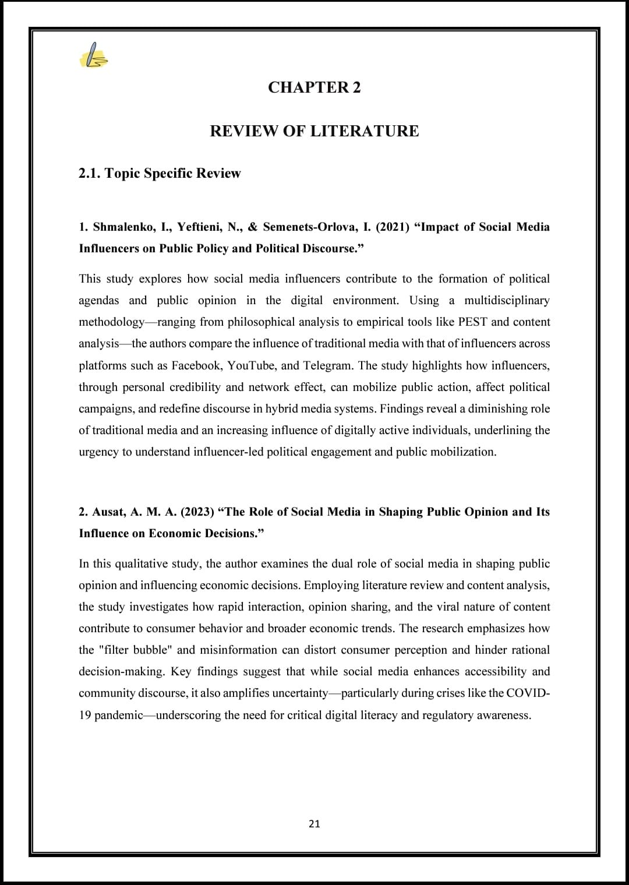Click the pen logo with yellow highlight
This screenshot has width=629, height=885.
coord(93,57)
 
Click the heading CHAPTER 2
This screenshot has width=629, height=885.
coord(314,87)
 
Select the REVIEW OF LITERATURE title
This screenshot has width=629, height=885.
coord(314,131)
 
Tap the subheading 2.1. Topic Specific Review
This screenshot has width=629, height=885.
coord(160,174)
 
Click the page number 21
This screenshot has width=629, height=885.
coord(314,824)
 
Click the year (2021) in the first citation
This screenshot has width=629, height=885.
coord(393,227)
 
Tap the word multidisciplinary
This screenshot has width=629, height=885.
coord(507,301)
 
